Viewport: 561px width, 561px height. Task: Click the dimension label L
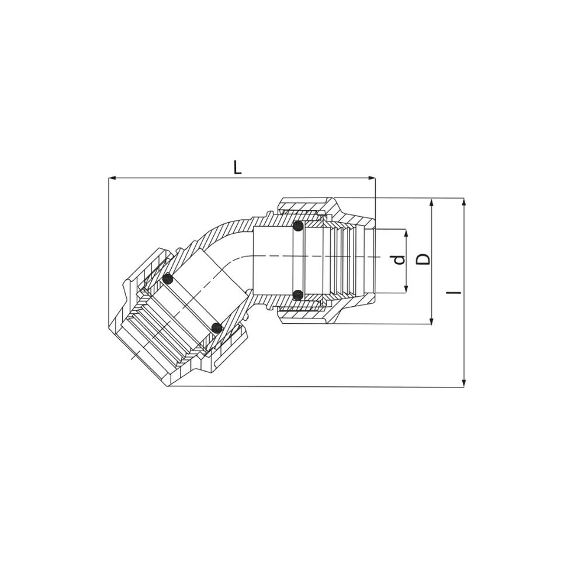238,167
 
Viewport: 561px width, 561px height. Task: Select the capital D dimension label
423,259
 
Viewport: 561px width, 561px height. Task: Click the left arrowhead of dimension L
112,178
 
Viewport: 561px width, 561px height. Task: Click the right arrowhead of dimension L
372,178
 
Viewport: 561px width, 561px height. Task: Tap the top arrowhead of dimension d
406,233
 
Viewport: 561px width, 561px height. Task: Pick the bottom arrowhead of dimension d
406,289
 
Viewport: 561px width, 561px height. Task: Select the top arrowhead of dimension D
432,203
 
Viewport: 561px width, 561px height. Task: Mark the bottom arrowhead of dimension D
432,321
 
